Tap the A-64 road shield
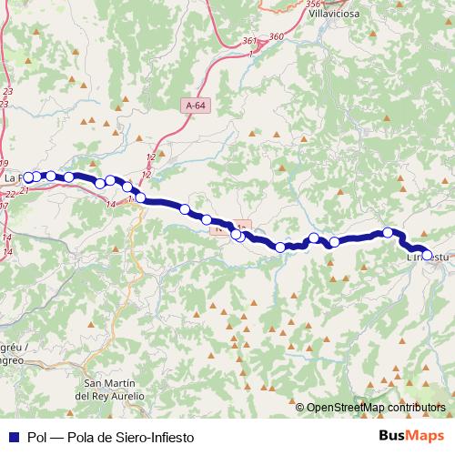194,106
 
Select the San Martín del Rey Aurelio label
110,389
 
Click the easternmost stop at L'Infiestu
427,255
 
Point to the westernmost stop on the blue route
28,177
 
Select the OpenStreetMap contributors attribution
377,408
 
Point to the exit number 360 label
277,36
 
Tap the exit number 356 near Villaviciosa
313,4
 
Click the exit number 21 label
25,191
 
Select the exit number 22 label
10,194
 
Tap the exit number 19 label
5,163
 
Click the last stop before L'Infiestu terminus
388,233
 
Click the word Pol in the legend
37,438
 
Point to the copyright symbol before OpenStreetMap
300,408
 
